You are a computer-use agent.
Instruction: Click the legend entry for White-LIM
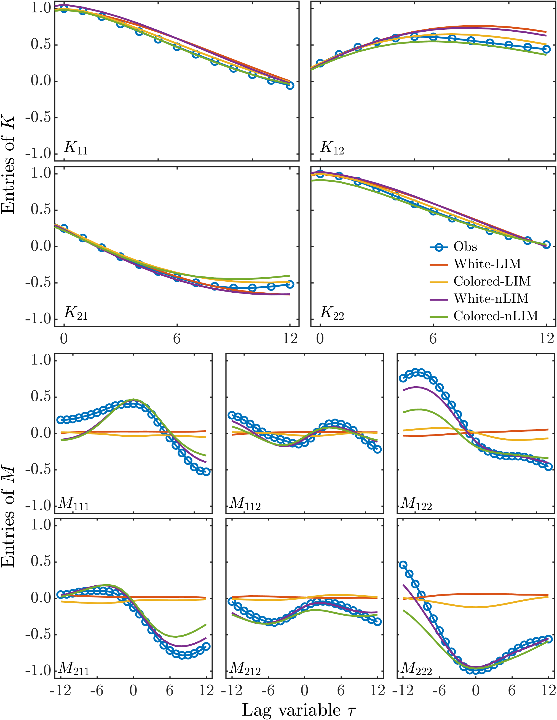click(x=487, y=264)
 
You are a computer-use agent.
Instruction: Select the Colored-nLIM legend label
click(x=496, y=316)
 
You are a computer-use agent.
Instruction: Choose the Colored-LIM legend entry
click(x=492, y=281)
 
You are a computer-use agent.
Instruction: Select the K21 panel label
click(x=76, y=313)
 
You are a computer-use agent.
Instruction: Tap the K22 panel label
click(x=332, y=313)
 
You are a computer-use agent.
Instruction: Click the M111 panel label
click(x=74, y=503)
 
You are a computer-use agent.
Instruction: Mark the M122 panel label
click(x=416, y=503)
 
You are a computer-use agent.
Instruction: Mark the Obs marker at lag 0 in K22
click(x=320, y=174)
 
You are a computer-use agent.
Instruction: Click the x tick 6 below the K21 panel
click(x=177, y=339)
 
